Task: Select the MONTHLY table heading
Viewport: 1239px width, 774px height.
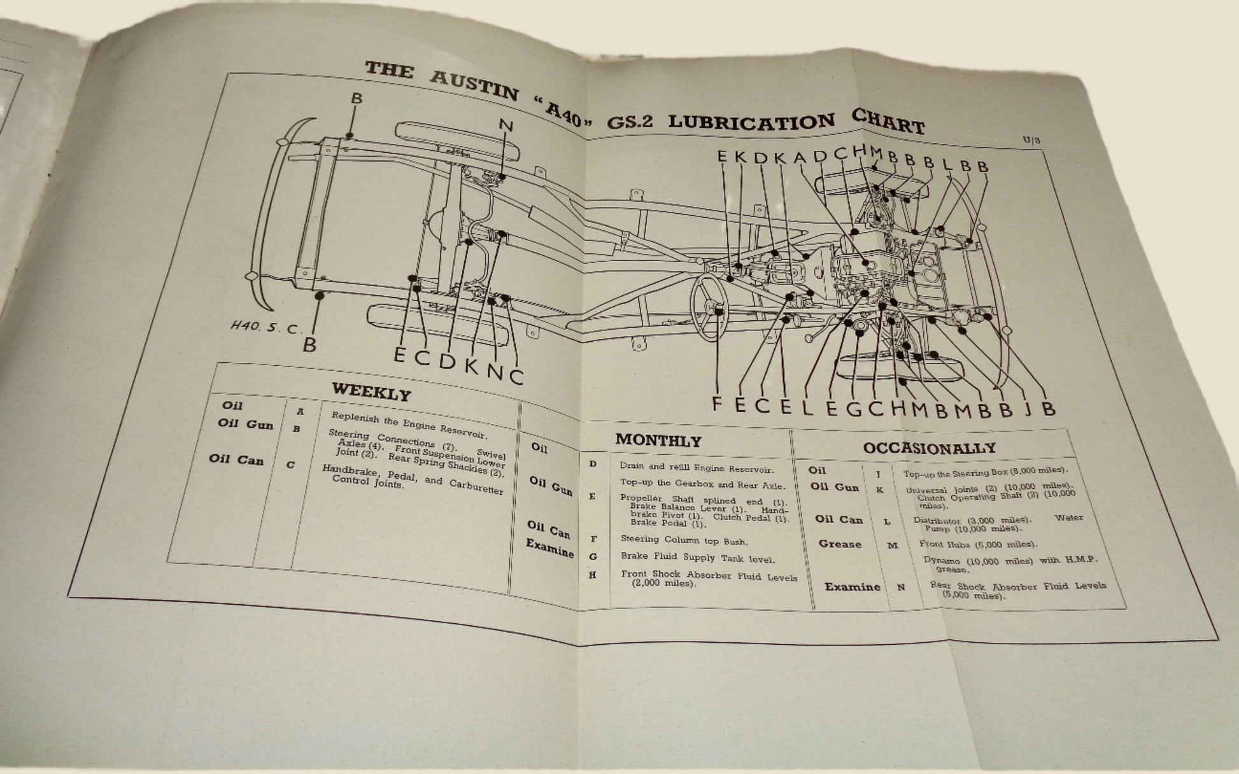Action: coord(658,440)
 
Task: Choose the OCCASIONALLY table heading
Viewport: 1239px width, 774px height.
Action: coord(929,447)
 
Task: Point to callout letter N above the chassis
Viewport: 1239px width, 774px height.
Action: coord(506,125)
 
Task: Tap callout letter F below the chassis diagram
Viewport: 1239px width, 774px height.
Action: coord(718,404)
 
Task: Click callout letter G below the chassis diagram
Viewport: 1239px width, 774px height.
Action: coord(854,408)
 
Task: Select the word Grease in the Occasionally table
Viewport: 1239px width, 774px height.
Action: coord(840,544)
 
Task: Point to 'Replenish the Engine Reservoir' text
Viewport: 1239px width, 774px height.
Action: coord(409,426)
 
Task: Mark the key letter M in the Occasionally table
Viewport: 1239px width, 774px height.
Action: coord(893,545)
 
